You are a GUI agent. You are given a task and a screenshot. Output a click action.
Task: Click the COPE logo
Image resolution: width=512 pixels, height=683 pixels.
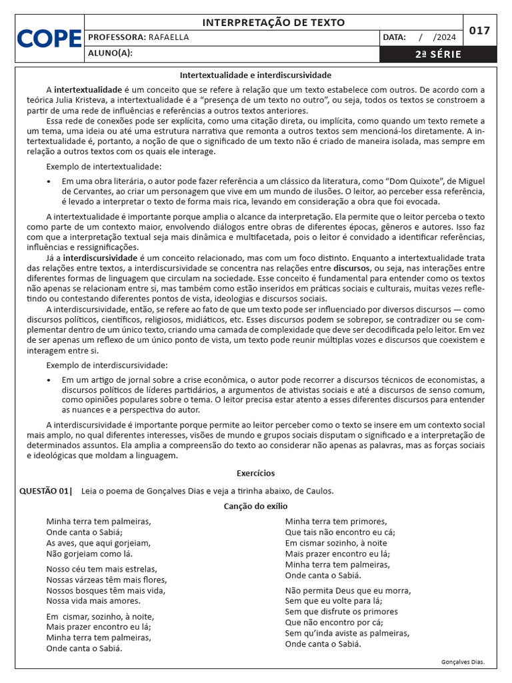pyautogui.click(x=49, y=39)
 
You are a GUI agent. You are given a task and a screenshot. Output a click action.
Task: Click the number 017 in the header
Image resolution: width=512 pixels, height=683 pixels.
pyautogui.click(x=479, y=31)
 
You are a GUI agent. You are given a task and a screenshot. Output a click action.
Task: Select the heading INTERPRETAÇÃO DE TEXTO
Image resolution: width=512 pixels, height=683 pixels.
pyautogui.click(x=273, y=23)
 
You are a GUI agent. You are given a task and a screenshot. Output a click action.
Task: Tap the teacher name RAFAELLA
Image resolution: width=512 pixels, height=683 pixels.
pyautogui.click(x=169, y=38)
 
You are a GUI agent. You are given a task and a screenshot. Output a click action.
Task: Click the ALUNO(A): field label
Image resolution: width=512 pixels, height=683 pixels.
pyautogui.click(x=110, y=54)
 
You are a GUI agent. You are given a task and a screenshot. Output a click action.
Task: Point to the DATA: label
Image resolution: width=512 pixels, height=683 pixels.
pyautogui.click(x=395, y=38)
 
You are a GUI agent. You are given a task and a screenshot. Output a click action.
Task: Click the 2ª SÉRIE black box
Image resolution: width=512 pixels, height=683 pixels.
pyautogui.click(x=437, y=54)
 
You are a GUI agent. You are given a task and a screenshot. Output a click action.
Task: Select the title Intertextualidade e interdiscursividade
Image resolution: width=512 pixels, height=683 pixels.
pyautogui.click(x=255, y=75)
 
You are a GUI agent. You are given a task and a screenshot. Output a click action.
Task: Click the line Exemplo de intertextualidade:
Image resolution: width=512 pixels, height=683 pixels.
pyautogui.click(x=103, y=166)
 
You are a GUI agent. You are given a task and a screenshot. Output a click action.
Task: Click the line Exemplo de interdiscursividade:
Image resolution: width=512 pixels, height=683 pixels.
pyautogui.click(x=107, y=365)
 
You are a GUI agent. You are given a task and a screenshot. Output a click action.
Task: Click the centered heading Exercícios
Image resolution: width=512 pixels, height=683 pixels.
pyautogui.click(x=255, y=473)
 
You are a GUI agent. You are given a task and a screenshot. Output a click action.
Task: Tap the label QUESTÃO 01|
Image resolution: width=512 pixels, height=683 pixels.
pyautogui.click(x=46, y=491)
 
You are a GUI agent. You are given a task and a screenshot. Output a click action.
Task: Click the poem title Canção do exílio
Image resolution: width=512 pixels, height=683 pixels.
pyautogui.click(x=255, y=507)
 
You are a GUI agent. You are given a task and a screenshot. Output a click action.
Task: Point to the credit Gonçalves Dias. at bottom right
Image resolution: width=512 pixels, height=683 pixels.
pyautogui.click(x=463, y=662)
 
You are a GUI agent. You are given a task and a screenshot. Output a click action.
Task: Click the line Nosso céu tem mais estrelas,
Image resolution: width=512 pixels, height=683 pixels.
pyautogui.click(x=101, y=569)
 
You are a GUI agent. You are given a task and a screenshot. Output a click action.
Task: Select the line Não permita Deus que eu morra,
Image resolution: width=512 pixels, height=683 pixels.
pyautogui.click(x=348, y=590)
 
